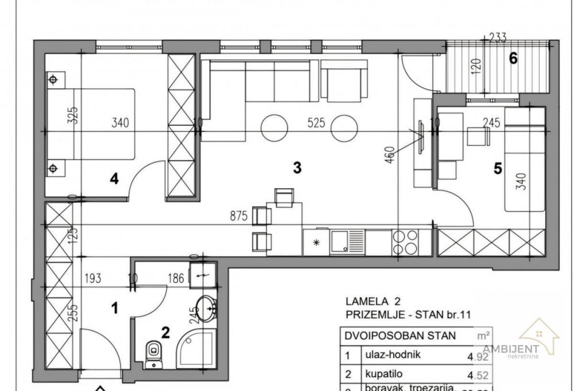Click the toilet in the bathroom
153,354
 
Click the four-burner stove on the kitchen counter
405,242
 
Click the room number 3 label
297,168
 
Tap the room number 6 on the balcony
514,58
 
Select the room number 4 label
114,179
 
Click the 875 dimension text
238,216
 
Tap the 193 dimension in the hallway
92,279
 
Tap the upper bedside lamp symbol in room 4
53,79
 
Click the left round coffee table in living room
274,127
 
